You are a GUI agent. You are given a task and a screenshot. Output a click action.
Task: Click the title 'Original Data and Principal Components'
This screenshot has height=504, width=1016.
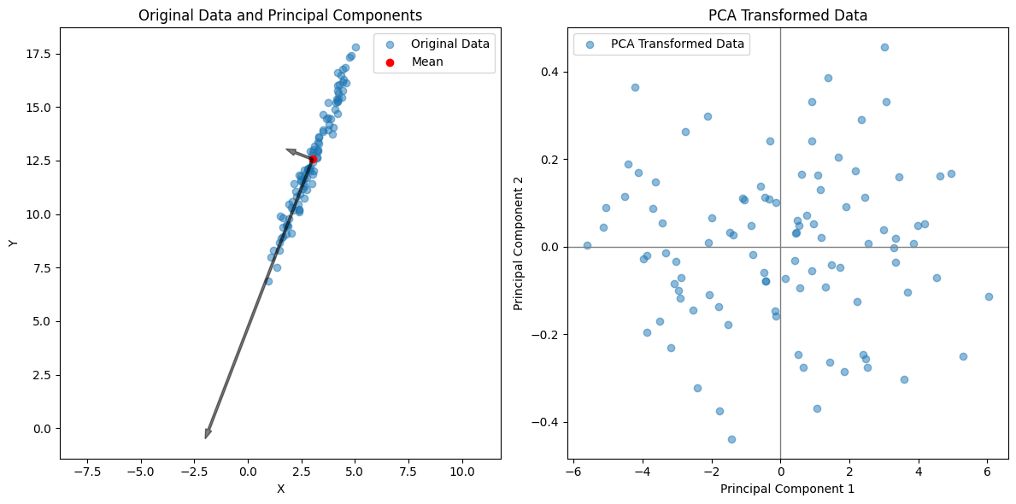pos(280,15)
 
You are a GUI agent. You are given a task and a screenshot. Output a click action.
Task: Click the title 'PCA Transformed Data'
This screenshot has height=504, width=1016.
pos(788,15)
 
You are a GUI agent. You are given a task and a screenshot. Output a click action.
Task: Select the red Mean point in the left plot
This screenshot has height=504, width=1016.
pos(313,160)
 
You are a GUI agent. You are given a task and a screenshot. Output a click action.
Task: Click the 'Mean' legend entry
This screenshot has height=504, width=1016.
pos(426,62)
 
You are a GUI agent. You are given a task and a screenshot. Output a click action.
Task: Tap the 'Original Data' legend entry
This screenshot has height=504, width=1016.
pos(449,44)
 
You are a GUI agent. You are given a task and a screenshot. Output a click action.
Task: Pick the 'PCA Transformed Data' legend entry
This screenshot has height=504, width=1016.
pos(678,44)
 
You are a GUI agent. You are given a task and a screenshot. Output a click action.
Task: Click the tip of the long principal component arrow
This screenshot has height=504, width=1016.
pos(206,438)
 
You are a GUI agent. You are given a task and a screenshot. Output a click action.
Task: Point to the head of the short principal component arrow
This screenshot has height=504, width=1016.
pos(287,150)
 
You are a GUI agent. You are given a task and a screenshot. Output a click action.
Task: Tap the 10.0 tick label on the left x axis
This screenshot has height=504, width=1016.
pos(462,471)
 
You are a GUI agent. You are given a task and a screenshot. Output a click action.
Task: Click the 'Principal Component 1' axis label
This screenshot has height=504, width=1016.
pos(787,489)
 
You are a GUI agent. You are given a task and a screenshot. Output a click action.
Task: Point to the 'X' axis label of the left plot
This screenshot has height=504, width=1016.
pos(280,489)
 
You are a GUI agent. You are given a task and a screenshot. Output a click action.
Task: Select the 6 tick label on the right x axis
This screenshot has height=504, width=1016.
pos(987,471)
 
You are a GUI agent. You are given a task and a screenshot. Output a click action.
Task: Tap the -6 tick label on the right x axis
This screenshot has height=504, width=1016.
pos(571,471)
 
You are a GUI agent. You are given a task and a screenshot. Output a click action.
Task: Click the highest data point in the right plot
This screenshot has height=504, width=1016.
pos(884,47)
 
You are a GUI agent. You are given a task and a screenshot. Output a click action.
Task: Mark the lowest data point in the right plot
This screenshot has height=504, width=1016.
pos(731,439)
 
